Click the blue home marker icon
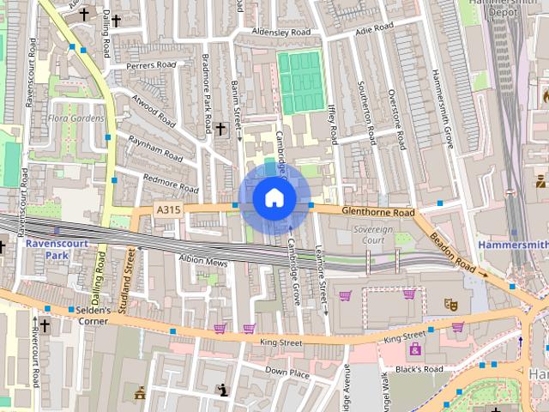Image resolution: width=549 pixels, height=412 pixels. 274,198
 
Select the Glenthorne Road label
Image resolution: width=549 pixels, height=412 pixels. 377,212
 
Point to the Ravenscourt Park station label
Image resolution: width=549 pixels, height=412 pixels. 45,249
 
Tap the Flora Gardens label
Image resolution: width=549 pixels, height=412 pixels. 75,118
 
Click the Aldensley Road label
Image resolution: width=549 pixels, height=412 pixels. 281,32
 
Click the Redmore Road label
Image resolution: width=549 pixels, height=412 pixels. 171,183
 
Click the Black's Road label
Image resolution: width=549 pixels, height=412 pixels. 419,369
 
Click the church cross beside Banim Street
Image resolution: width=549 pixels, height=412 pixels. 220,129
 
